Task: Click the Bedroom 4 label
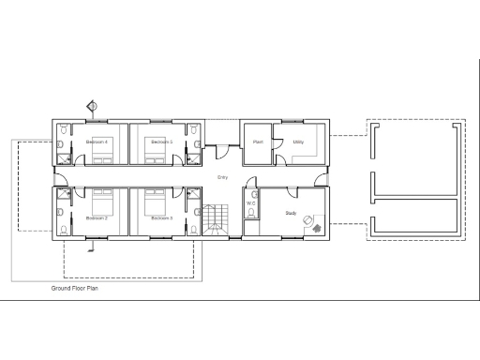[x=97, y=142]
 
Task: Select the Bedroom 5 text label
[x=162, y=142]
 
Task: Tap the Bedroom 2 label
[x=97, y=217]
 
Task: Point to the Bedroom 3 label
[x=162, y=217]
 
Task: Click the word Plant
[x=257, y=142]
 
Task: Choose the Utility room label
[x=298, y=142]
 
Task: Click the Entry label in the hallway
[x=222, y=177]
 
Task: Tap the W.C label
[x=251, y=202]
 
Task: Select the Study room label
[x=291, y=214]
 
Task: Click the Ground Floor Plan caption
[x=75, y=290]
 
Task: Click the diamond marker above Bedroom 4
[x=92, y=106]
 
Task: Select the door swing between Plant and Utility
[x=277, y=142]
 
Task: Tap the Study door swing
[x=294, y=195]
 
